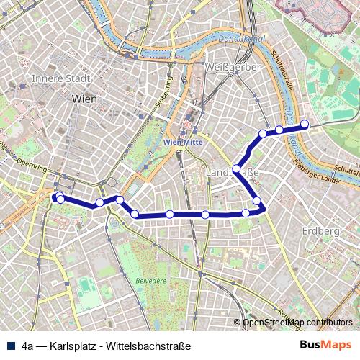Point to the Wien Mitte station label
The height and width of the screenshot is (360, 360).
(x=184, y=143)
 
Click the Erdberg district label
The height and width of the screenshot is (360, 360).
(x=321, y=231)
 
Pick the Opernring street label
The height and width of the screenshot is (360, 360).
(x=30, y=163)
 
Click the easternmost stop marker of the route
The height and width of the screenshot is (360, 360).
(x=305, y=124)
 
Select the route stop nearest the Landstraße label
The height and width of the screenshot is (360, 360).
(x=236, y=170)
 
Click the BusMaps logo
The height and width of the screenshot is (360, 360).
(x=325, y=345)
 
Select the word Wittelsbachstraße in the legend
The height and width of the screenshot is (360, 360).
(x=148, y=346)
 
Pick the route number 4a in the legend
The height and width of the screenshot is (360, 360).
(x=28, y=346)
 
